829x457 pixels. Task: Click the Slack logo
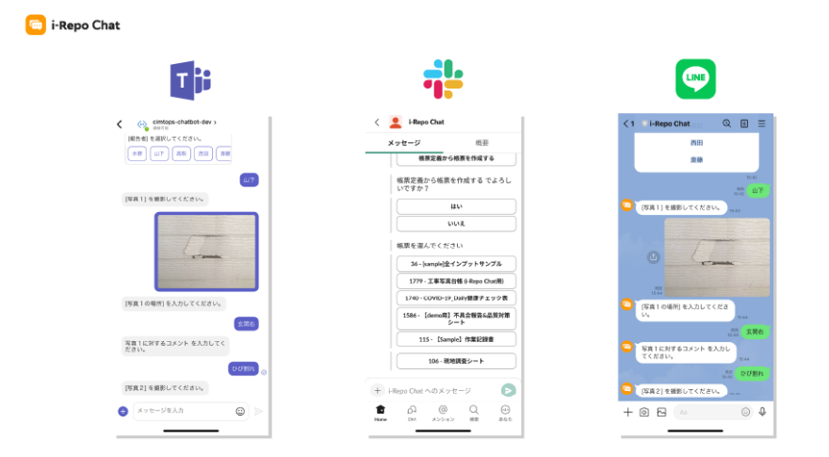(443, 79)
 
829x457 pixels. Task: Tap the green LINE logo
(695, 79)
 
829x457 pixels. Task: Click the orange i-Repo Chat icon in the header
(35, 25)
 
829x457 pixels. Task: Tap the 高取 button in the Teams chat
(181, 154)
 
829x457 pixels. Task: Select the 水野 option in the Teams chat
(137, 154)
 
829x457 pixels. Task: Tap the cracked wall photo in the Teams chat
(205, 251)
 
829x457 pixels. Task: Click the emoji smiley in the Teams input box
(240, 411)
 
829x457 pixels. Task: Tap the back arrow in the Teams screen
(120, 123)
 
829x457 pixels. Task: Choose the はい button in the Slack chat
(456, 206)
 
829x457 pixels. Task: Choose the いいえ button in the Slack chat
(456, 223)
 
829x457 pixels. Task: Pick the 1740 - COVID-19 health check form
(456, 298)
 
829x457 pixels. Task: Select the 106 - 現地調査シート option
(456, 361)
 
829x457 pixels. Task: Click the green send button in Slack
(509, 390)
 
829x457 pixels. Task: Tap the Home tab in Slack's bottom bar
(381, 412)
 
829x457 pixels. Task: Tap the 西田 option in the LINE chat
(696, 143)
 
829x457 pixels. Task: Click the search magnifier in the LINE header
(726, 123)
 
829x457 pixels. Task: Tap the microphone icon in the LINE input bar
(762, 412)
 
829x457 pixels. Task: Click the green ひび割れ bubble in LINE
(753, 373)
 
